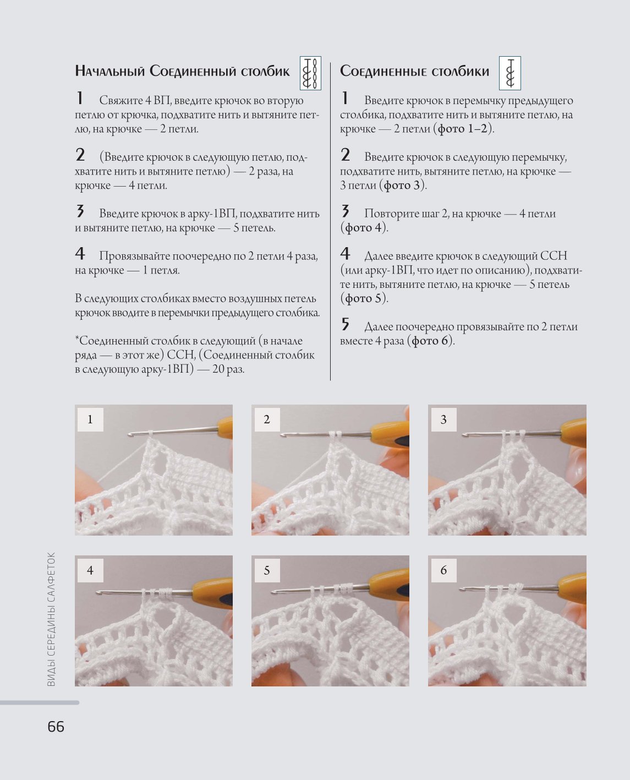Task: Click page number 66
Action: (x=56, y=727)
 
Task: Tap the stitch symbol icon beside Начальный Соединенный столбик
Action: (x=310, y=73)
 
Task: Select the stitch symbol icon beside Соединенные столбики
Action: (x=510, y=73)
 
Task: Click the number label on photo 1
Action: (x=90, y=419)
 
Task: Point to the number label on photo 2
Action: (x=267, y=419)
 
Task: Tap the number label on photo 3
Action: (x=443, y=419)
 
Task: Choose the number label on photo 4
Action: (x=90, y=570)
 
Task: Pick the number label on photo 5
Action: (x=267, y=570)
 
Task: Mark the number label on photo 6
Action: (x=443, y=570)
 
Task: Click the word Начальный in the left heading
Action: (x=110, y=71)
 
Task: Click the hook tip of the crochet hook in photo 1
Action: (x=130, y=434)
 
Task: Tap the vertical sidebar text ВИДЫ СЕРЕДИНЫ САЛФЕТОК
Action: (x=51, y=619)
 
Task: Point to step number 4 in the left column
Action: (x=80, y=254)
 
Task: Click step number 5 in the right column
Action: (x=345, y=324)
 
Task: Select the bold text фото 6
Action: (x=433, y=341)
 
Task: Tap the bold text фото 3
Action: (x=402, y=185)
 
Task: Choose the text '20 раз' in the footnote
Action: (x=228, y=369)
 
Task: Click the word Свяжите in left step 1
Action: (x=121, y=101)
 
